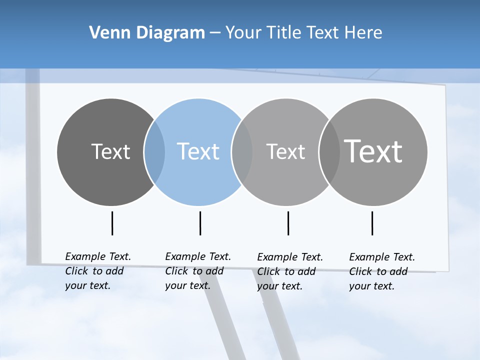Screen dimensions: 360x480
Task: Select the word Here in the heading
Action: point(363,33)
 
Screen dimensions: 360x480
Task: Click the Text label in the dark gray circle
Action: point(110,151)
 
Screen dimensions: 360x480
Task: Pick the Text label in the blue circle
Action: point(198,151)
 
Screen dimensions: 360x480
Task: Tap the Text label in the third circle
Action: point(285,151)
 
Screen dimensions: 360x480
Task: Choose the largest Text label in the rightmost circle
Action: point(373,151)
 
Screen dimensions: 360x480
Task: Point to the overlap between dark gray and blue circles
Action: point(154,152)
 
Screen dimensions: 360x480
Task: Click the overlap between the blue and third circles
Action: point(242,152)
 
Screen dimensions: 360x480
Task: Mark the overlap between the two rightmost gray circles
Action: point(329,152)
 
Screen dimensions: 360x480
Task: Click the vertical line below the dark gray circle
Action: point(112,223)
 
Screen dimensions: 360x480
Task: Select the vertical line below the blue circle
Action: point(200,223)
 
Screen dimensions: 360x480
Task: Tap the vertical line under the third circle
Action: point(288,223)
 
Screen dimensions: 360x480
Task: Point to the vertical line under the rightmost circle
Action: point(372,223)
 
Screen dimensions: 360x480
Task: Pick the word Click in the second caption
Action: point(176,271)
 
